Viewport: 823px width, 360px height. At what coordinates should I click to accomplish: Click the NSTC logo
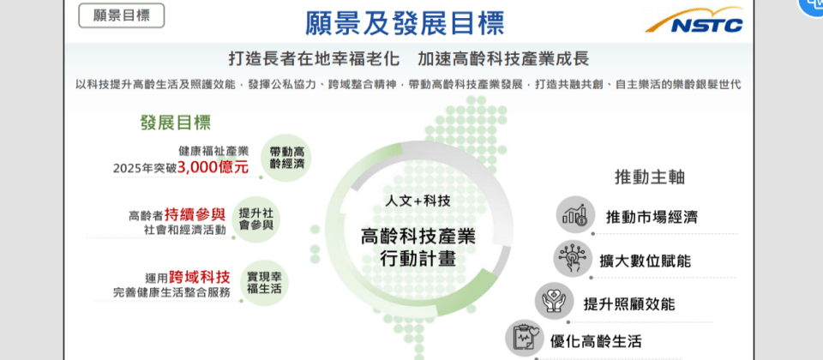(x=694, y=21)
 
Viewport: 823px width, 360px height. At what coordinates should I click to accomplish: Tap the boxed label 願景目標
(x=121, y=15)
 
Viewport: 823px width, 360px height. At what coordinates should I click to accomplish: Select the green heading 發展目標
(x=175, y=123)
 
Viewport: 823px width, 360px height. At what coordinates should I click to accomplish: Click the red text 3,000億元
(x=213, y=167)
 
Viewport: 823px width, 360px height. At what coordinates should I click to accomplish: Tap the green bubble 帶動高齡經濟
(x=285, y=158)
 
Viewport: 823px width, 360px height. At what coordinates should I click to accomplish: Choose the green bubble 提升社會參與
(x=255, y=219)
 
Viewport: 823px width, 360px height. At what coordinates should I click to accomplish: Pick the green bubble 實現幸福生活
(x=264, y=282)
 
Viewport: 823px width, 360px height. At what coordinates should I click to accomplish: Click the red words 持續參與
(x=195, y=214)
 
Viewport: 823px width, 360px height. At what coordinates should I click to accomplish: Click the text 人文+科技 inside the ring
(x=418, y=201)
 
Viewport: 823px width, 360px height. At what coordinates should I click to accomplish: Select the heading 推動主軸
(x=650, y=177)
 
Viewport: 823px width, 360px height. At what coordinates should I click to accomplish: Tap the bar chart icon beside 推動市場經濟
(x=575, y=214)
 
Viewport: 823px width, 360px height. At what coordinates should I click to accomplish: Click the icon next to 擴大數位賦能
(x=572, y=259)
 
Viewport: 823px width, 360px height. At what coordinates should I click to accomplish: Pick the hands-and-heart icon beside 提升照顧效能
(x=554, y=303)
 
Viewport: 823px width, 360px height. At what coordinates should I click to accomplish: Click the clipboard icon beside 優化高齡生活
(x=525, y=338)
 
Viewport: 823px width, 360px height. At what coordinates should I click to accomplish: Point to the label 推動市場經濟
(x=652, y=217)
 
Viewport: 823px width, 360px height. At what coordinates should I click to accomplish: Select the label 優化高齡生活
(x=596, y=342)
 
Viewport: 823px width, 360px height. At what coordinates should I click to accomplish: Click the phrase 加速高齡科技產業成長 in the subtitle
(x=503, y=59)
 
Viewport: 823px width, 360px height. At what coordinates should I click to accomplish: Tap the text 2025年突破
(x=144, y=169)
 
